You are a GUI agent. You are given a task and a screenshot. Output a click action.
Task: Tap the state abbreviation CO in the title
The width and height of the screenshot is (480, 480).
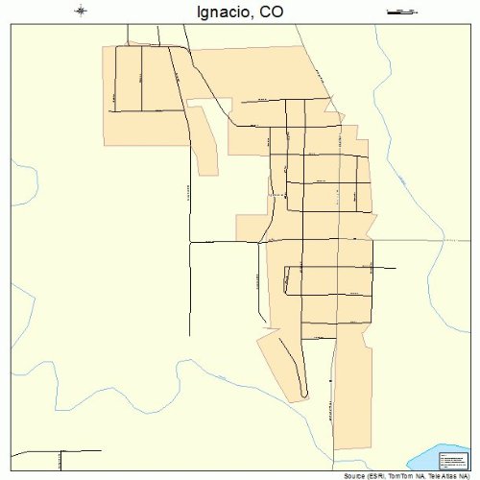271,13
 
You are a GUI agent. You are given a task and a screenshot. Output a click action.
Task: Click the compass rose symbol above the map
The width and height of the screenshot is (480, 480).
81,12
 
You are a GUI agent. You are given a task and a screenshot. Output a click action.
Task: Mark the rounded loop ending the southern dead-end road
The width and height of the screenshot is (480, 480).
304,393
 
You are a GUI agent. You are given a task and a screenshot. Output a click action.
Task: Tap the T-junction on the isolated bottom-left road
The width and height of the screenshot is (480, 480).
61,451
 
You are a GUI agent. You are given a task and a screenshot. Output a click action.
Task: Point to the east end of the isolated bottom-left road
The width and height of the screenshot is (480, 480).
101,450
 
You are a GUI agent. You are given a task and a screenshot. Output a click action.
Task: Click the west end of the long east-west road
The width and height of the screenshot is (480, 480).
190,243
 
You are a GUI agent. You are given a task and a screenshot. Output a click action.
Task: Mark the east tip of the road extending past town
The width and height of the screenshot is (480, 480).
396,268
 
